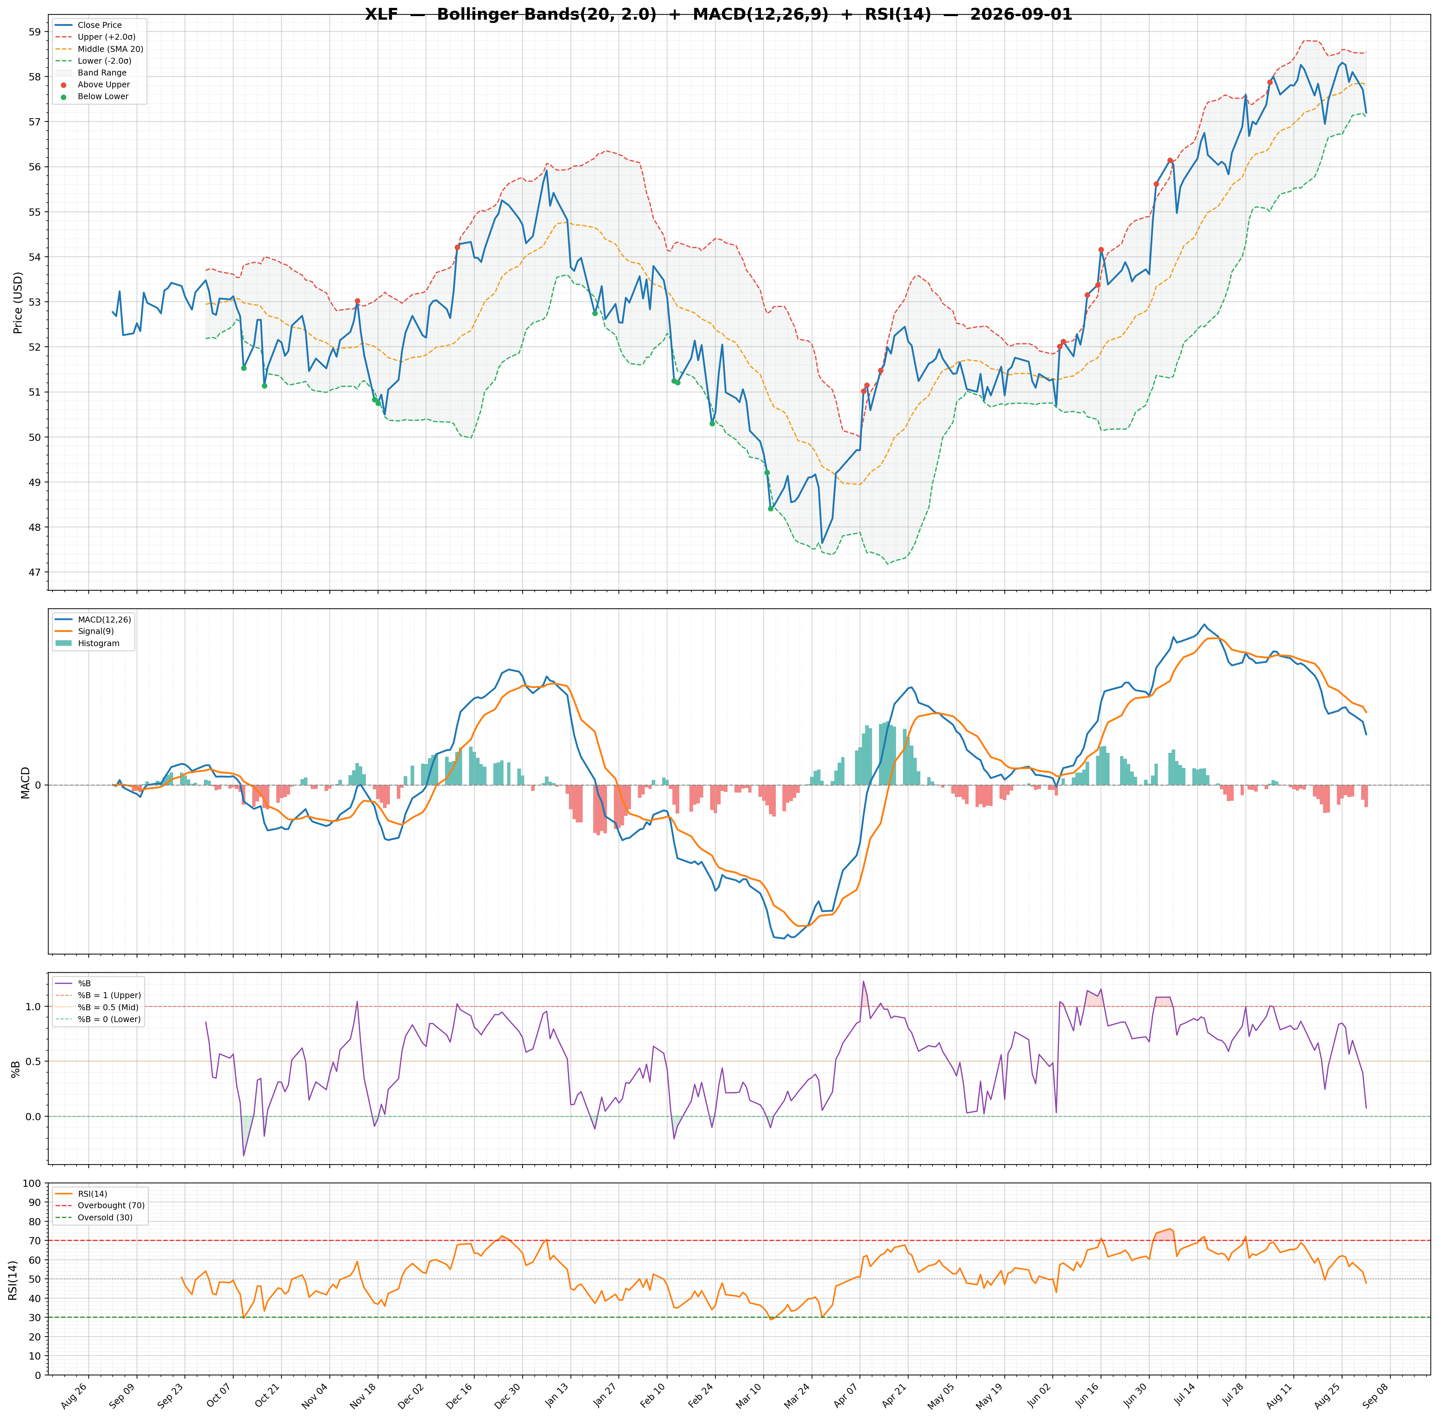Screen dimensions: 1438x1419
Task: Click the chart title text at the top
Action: click(x=718, y=14)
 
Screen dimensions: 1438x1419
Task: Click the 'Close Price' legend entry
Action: click(x=100, y=25)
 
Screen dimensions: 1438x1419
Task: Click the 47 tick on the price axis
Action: click(x=35, y=572)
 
